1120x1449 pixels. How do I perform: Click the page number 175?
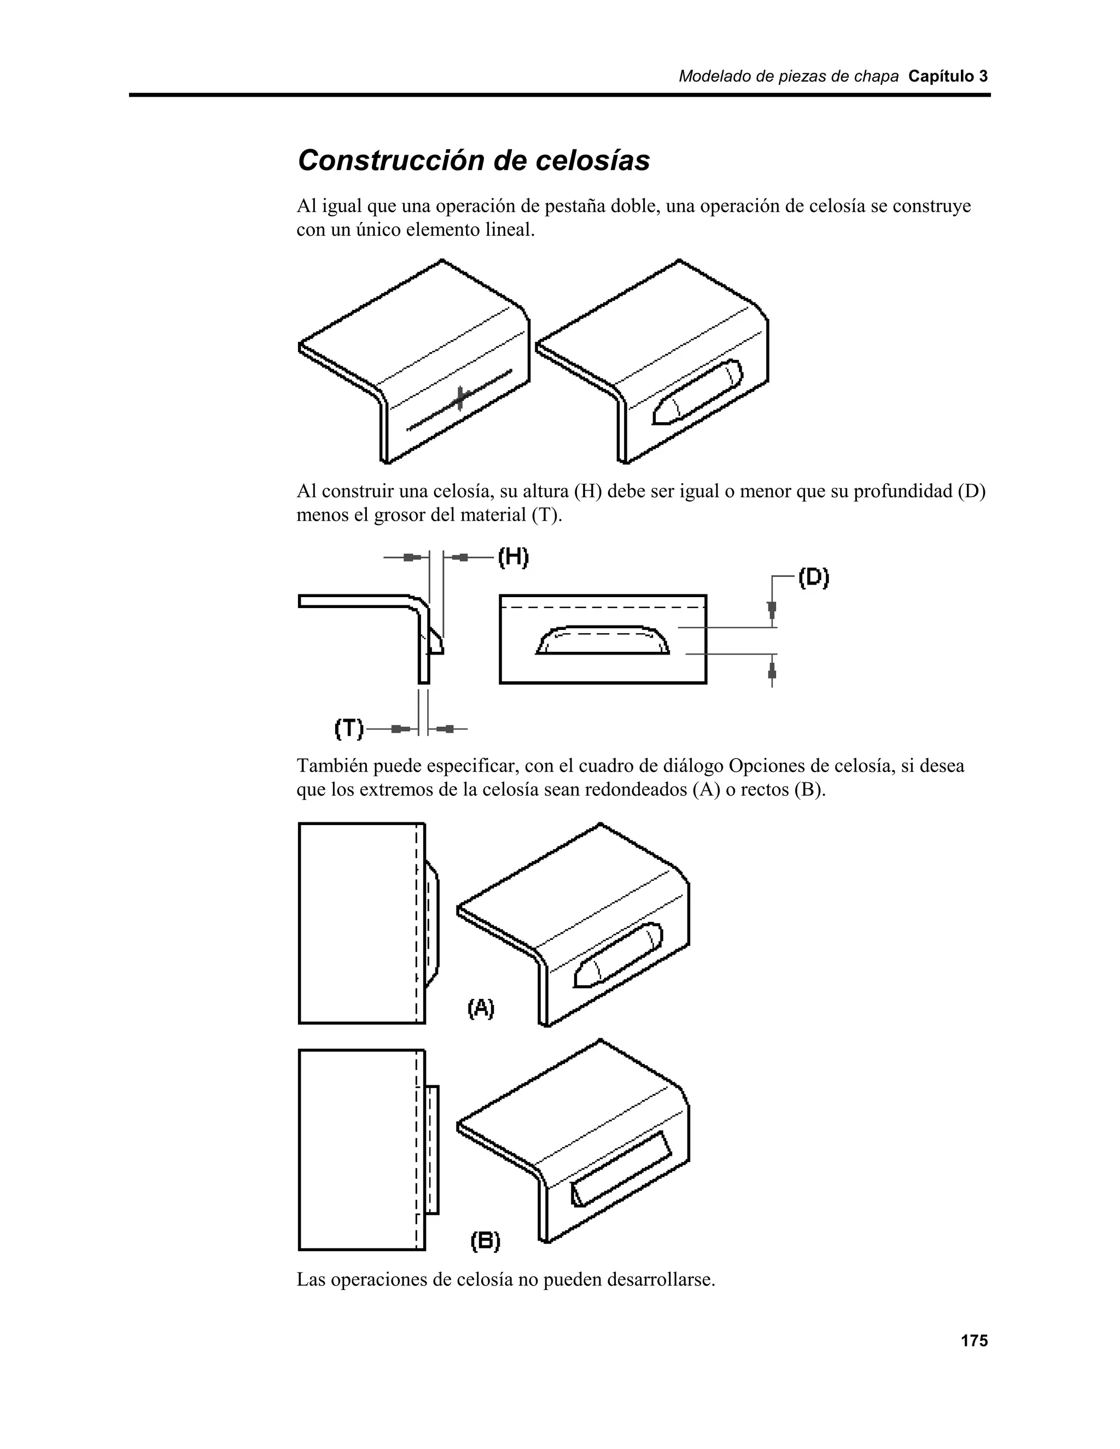974,1341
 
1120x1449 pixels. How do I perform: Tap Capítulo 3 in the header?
948,77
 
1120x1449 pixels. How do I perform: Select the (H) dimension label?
513,557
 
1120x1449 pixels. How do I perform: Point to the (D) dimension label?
813,578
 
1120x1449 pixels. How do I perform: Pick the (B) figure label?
486,1241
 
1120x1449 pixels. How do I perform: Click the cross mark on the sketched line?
460,399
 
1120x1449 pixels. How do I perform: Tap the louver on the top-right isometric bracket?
697,392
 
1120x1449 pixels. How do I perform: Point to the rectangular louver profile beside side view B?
433,1150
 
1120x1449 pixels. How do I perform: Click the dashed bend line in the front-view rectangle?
603,607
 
